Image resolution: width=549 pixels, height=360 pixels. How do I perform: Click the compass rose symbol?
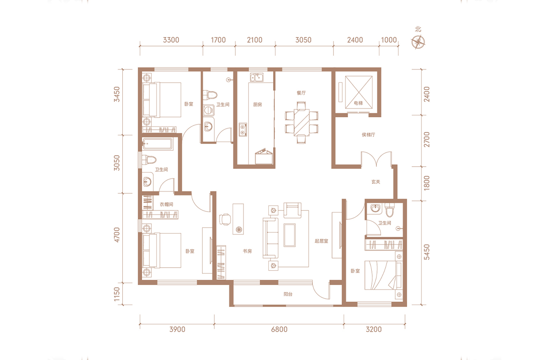click(x=418, y=42)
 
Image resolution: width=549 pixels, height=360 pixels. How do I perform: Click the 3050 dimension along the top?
click(x=303, y=40)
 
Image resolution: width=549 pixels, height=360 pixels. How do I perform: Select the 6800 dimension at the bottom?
click(x=279, y=329)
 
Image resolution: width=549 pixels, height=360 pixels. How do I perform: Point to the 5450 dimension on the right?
click(x=427, y=252)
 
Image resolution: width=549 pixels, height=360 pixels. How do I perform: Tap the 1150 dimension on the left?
click(x=117, y=294)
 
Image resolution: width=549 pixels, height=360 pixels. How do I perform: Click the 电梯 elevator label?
click(x=358, y=103)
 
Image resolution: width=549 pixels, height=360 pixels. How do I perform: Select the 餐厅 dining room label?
click(x=301, y=93)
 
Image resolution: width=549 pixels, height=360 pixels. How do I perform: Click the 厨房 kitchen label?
click(x=257, y=105)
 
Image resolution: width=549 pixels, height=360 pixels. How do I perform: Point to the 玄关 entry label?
click(x=376, y=182)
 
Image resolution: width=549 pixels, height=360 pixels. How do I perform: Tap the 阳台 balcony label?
click(x=288, y=294)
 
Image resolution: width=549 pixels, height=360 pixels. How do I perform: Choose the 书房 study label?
click(x=247, y=251)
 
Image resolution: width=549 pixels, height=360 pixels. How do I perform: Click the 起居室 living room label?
click(x=321, y=241)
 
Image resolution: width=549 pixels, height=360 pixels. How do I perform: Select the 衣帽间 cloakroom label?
click(x=166, y=204)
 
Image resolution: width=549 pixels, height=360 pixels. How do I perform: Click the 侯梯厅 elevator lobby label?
click(x=368, y=135)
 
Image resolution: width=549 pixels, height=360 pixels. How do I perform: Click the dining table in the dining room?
click(x=301, y=122)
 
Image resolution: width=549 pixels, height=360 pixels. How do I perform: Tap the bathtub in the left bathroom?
click(x=158, y=144)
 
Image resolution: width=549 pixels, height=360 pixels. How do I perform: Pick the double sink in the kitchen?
click(x=257, y=77)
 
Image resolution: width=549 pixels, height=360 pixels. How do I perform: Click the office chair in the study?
click(x=225, y=219)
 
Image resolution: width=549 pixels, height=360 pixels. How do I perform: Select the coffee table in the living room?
click(x=290, y=235)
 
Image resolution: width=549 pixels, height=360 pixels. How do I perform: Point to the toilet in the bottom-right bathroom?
click(x=389, y=210)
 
